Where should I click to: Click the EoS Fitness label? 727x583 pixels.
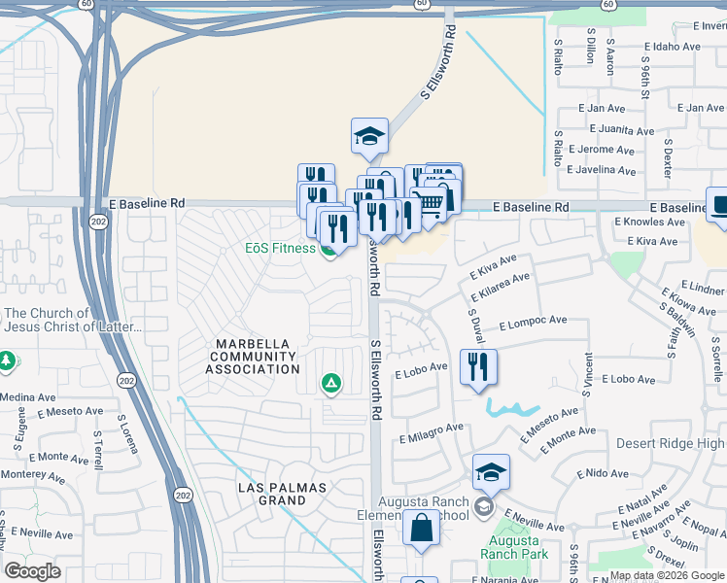(x=279, y=248)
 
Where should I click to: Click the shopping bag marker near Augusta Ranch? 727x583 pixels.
(x=422, y=530)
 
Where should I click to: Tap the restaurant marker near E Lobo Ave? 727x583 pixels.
(x=478, y=368)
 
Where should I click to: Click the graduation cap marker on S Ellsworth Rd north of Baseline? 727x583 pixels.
(x=369, y=137)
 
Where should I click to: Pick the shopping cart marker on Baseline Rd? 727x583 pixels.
(x=430, y=205)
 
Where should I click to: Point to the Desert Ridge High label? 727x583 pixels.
(x=671, y=443)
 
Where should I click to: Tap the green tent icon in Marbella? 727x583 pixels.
(x=331, y=385)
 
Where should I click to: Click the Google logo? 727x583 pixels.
(x=32, y=571)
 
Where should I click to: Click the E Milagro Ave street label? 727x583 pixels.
(x=431, y=429)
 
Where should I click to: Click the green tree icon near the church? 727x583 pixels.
(x=7, y=361)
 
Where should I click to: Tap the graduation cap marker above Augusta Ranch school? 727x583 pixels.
(x=492, y=472)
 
